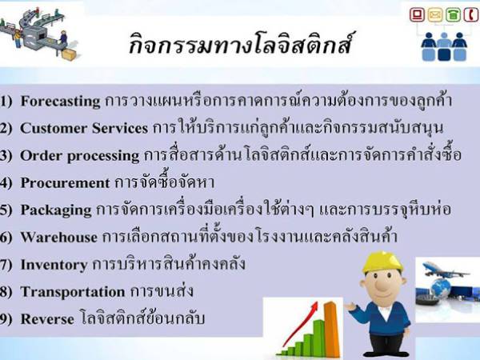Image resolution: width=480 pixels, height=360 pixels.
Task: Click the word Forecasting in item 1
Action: tap(61, 102)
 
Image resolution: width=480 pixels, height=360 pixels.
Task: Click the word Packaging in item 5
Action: tap(55, 210)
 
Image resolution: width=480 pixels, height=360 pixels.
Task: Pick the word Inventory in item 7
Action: tap(53, 264)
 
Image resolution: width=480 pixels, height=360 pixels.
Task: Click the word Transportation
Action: tap(72, 291)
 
